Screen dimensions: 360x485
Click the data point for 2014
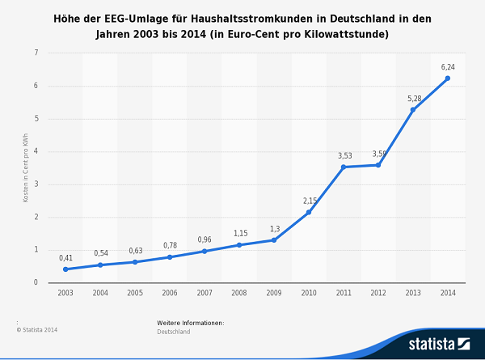447,78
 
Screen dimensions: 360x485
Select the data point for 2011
343,167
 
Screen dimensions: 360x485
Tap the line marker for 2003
65,269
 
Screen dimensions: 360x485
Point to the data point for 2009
273,240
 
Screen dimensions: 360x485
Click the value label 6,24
447,67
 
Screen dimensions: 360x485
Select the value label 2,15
308,201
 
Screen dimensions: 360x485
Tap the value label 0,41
65,258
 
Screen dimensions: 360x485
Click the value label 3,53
344,155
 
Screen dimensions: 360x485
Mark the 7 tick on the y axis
36,53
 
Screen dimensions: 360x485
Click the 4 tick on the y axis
36,151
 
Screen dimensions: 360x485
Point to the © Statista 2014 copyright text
37,329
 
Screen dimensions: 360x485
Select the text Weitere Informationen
190,323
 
